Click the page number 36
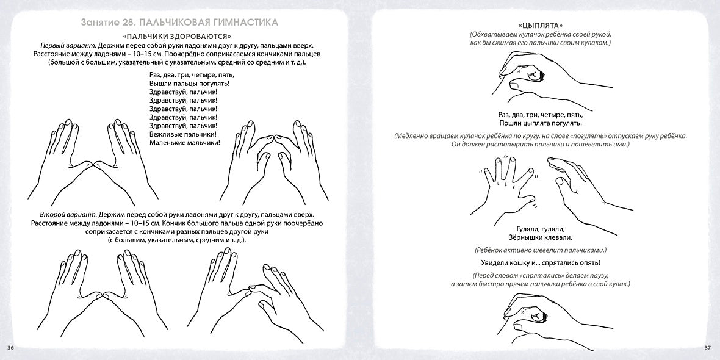pos(10,348)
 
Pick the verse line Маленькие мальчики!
pos(184,142)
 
